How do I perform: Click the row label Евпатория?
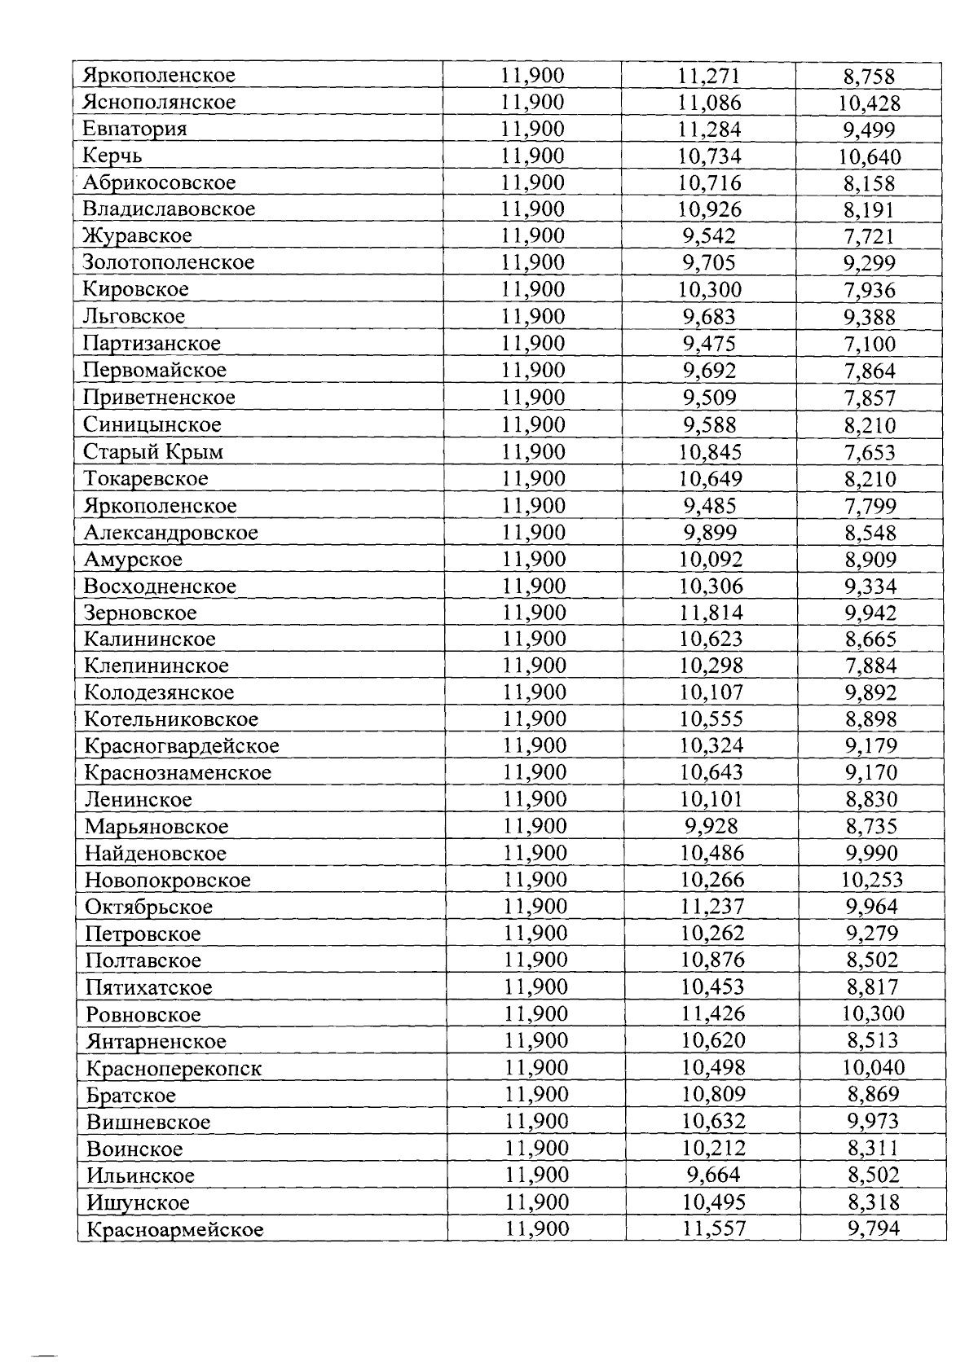click(134, 129)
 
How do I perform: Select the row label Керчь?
click(112, 156)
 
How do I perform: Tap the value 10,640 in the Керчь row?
click(870, 156)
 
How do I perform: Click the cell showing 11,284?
click(709, 130)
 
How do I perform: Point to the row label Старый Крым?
click(153, 451)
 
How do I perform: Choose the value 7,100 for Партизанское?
click(870, 344)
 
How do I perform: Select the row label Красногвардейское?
click(182, 745)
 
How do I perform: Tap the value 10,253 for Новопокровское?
click(871, 880)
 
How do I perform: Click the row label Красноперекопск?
click(174, 1068)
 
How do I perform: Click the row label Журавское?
click(138, 236)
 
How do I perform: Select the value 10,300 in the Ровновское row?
click(872, 1014)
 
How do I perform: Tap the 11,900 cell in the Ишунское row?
click(536, 1202)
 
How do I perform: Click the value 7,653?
click(870, 452)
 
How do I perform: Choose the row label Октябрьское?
click(149, 907)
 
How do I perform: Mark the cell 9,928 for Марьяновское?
click(711, 826)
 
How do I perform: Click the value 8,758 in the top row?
click(869, 77)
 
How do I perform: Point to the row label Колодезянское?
click(159, 692)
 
